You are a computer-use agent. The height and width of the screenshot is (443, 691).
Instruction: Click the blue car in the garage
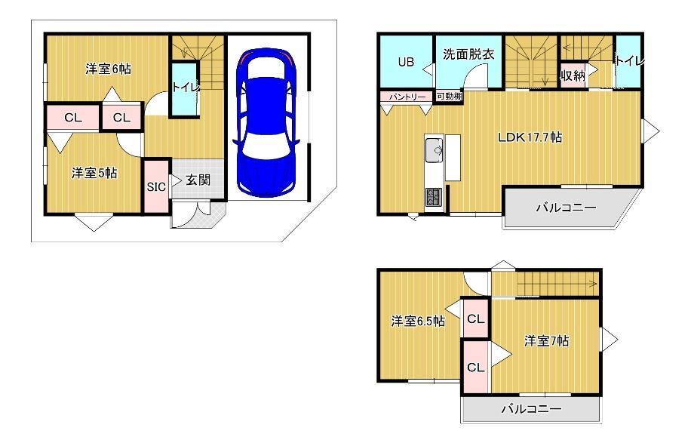[x=266, y=122]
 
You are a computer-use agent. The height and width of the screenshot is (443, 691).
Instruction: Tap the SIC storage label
[x=156, y=187]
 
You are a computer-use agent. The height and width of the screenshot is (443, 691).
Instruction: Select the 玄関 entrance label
[x=198, y=180]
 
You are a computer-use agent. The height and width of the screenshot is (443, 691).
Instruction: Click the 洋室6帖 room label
[x=108, y=69]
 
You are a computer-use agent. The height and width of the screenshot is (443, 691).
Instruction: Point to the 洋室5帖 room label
[x=94, y=173]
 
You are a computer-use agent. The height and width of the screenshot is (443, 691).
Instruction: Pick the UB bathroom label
[x=406, y=62]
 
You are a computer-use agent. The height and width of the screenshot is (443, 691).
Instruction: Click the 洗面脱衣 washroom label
[x=468, y=54]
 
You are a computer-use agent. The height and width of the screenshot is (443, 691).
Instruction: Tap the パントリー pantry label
[x=407, y=97]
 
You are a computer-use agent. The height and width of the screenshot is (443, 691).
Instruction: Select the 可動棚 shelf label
[x=449, y=96]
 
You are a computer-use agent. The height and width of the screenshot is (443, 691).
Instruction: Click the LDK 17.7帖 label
[x=530, y=137]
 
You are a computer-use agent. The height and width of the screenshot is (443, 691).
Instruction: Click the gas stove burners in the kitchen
[x=434, y=196]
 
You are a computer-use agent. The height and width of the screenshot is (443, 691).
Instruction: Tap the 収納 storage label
[x=573, y=75]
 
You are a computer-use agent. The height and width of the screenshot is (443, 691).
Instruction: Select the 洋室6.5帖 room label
[x=418, y=321]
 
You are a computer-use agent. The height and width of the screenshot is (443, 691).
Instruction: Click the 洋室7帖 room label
[x=546, y=340]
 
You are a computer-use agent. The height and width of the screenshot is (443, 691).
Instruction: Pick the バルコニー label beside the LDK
[x=567, y=208]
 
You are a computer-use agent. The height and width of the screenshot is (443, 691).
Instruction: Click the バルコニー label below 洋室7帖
[x=532, y=409]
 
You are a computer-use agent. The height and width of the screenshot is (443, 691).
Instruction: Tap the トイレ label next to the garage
[x=186, y=87]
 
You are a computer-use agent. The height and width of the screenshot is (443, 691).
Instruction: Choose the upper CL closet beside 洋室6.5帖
[x=475, y=318]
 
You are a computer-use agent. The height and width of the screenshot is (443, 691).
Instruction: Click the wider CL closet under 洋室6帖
[x=72, y=117]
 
